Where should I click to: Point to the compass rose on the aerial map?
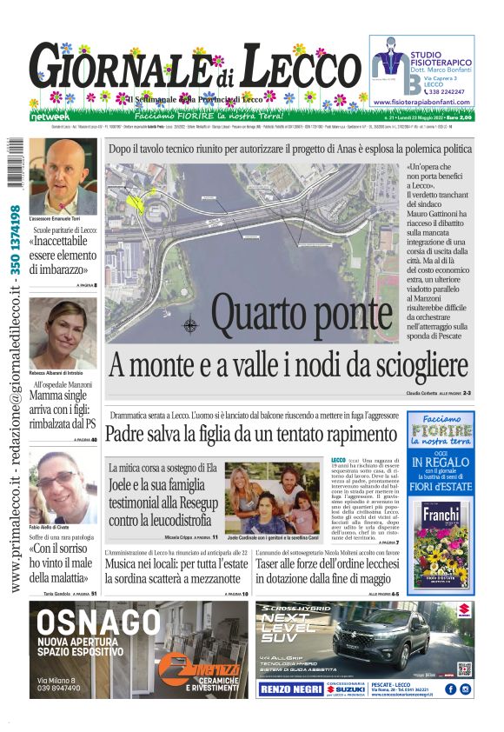coord(190,327)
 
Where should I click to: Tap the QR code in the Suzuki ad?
coord(465,669)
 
